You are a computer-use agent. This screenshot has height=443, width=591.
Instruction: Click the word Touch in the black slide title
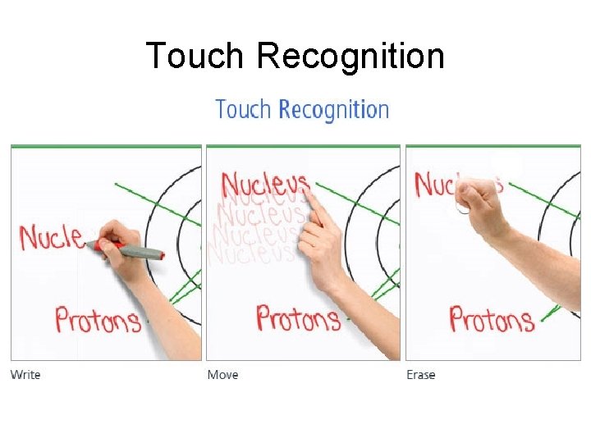(x=195, y=57)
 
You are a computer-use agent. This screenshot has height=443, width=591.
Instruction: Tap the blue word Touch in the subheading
(x=244, y=110)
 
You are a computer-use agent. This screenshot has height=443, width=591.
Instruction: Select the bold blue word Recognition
(x=333, y=111)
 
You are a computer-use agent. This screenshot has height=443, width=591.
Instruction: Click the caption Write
(x=25, y=375)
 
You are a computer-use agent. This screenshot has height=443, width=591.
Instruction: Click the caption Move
(x=222, y=375)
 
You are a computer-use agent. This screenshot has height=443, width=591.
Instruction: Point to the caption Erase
(x=420, y=375)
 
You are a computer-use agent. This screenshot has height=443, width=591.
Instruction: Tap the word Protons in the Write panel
(x=98, y=319)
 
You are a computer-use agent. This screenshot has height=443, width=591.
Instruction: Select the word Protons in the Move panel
(x=298, y=318)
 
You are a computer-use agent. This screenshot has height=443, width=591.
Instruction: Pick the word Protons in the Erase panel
(x=491, y=318)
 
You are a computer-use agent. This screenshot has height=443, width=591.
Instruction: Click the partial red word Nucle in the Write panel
(x=51, y=237)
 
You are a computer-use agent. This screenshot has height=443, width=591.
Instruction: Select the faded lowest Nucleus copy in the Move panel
(x=250, y=253)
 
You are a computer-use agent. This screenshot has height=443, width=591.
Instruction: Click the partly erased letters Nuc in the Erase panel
(x=434, y=184)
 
